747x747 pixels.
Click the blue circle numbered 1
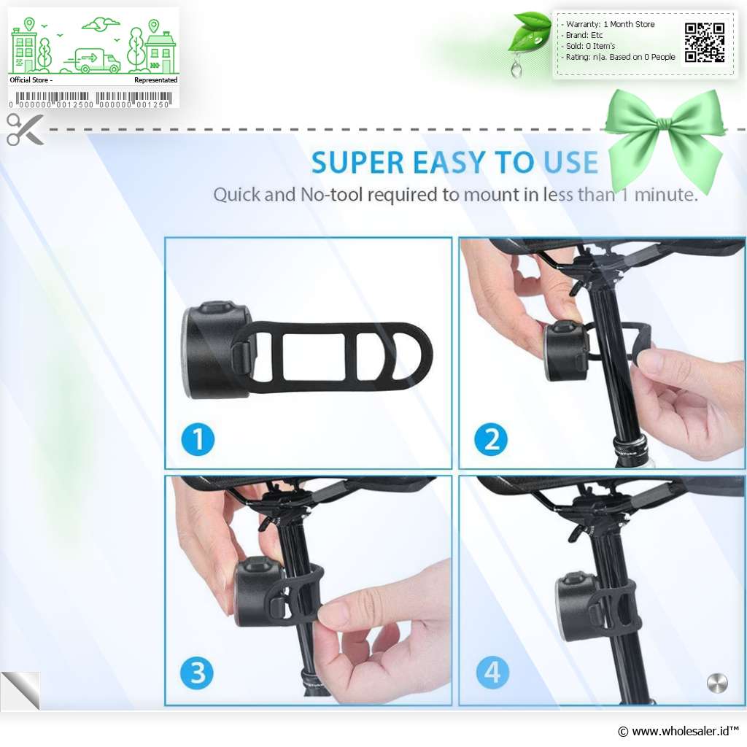click(198, 439)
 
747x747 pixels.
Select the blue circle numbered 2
click(491, 439)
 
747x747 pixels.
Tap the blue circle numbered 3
click(197, 673)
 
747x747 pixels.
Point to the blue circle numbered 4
click(492, 673)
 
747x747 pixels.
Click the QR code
click(705, 43)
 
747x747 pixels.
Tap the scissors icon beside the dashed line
click(25, 129)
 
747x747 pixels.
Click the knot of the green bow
click(665, 125)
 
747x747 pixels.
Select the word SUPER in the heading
click(357, 163)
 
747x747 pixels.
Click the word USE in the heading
click(570, 163)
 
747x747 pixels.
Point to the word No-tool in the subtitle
click(332, 194)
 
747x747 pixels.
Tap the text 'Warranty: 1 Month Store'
click(611, 24)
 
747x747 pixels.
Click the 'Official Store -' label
click(31, 80)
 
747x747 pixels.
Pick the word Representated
click(156, 80)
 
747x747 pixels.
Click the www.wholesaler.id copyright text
click(678, 731)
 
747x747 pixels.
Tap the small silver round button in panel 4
click(717, 683)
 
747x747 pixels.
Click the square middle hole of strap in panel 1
click(314, 357)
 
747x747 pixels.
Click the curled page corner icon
click(21, 690)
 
